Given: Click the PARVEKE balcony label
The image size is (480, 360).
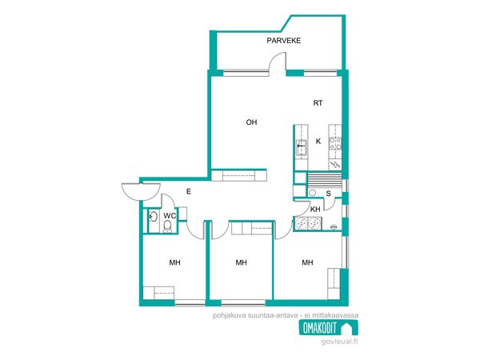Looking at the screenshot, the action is [283, 41].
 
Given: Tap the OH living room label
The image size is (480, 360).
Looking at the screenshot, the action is [251, 122].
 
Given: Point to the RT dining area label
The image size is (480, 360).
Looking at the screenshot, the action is [318, 103].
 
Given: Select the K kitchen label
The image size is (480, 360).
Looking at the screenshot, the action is [318, 141].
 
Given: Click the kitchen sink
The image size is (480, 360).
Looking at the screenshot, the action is [302, 148].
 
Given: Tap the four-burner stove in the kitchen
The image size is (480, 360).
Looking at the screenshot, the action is [335, 143].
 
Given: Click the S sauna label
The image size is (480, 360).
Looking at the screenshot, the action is [329, 194].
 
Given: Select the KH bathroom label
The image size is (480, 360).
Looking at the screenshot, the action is [315, 210].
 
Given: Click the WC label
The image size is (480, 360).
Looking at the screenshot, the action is [170, 216].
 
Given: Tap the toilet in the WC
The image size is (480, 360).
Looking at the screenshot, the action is [167, 226].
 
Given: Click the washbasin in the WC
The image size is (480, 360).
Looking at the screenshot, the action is [153, 217].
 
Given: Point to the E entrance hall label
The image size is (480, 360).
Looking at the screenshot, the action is [189, 192].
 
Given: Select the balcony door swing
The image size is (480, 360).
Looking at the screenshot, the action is [277, 62].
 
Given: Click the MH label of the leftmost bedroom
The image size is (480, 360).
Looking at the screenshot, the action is [174, 262].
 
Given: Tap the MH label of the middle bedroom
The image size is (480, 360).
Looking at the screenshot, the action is [242, 262].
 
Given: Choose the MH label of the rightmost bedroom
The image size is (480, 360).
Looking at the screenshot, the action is [307, 262].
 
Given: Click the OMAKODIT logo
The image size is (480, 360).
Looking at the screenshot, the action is [328, 328].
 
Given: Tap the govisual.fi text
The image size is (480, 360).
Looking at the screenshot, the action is [339, 342].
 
